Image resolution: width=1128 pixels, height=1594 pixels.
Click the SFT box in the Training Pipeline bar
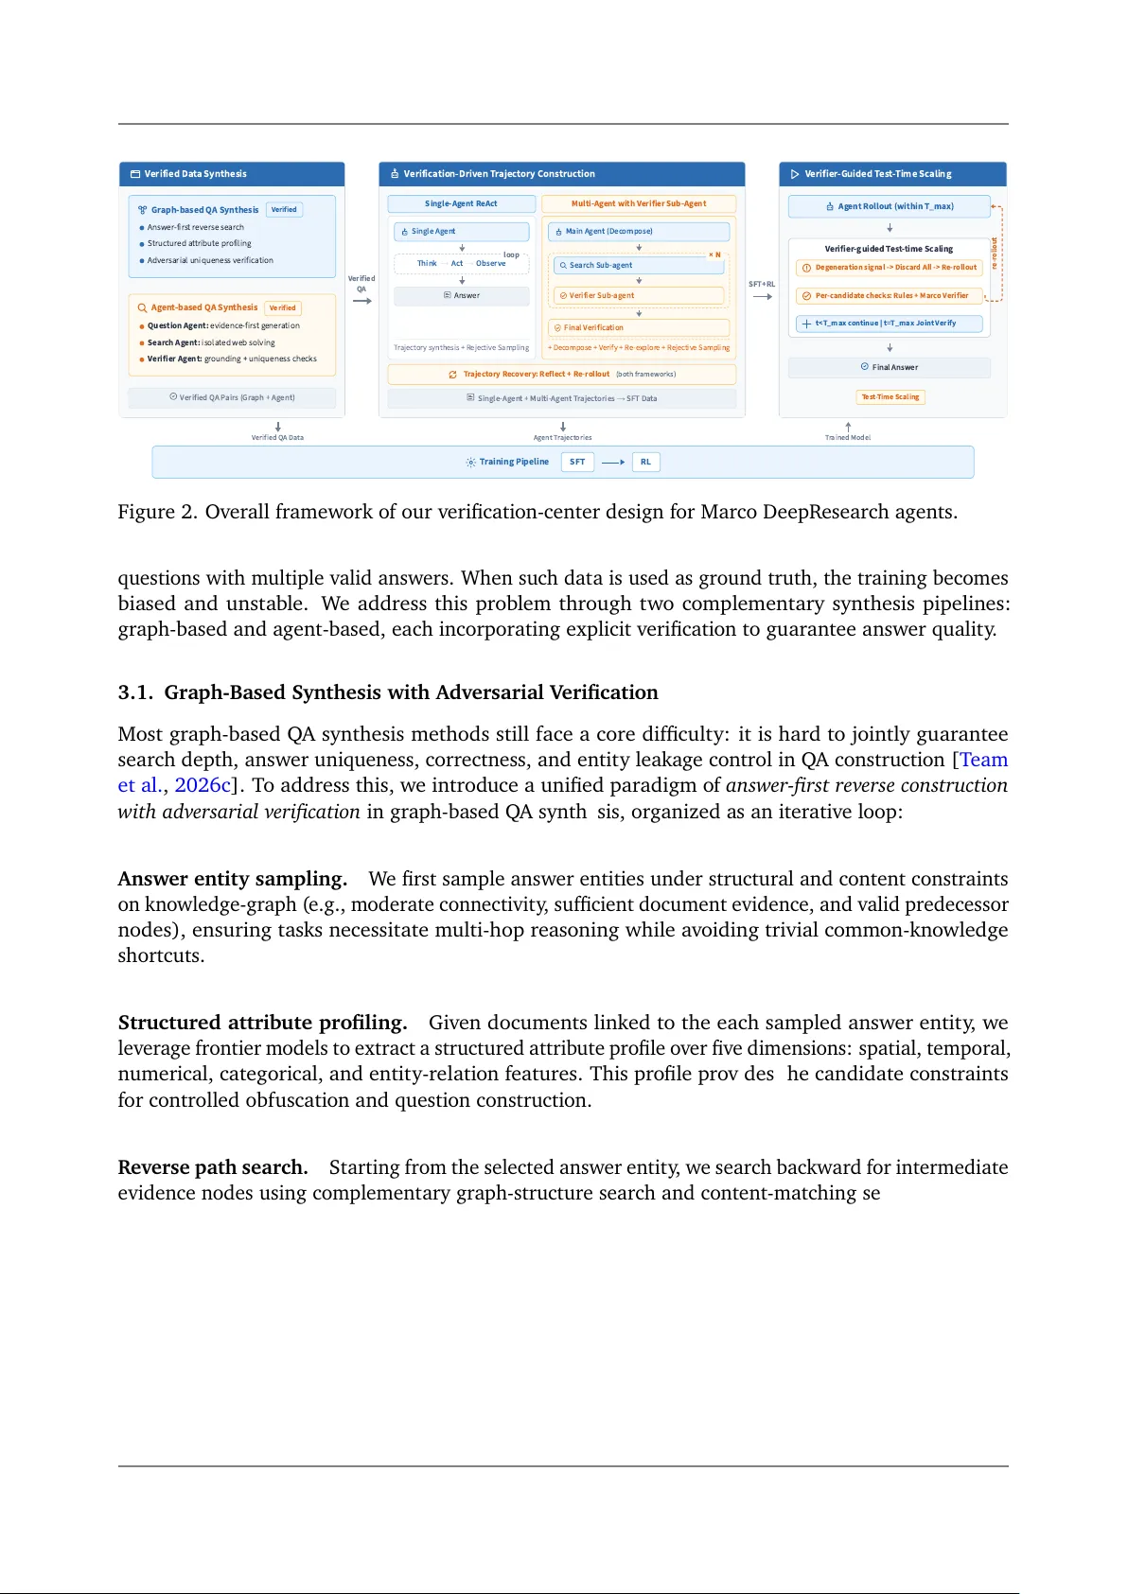[x=577, y=462]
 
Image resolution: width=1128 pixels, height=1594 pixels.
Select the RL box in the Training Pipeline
[x=645, y=462]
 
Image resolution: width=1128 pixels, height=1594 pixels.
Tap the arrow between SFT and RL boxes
[x=613, y=462]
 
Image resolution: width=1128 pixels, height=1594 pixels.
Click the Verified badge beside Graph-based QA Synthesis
[x=284, y=210]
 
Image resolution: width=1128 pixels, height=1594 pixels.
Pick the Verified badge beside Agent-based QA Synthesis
[x=282, y=307]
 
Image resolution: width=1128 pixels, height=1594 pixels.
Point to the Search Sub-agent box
[x=638, y=265]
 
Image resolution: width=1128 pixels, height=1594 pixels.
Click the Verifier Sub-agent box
[x=638, y=295]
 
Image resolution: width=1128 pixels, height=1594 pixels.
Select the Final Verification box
[x=638, y=327]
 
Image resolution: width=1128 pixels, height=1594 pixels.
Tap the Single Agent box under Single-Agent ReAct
[x=461, y=231]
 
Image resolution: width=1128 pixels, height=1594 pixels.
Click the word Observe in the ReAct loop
[x=490, y=263]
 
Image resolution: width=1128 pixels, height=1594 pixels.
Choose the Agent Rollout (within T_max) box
[x=889, y=206]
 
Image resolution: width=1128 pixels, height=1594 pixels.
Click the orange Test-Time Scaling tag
[x=890, y=397]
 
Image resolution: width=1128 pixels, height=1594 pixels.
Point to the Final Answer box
[x=889, y=367]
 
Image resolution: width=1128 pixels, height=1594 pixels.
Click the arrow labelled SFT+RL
[x=762, y=296]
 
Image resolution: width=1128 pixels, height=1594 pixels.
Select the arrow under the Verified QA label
[x=361, y=301]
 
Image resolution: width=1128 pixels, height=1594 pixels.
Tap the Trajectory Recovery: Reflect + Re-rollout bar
[x=561, y=374]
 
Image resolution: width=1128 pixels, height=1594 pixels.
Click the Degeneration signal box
[x=889, y=267]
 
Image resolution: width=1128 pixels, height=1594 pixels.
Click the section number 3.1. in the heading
[x=135, y=692]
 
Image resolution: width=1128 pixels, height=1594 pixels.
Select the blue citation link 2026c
[x=202, y=785]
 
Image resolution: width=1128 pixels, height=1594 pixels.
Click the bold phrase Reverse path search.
[x=212, y=1167]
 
